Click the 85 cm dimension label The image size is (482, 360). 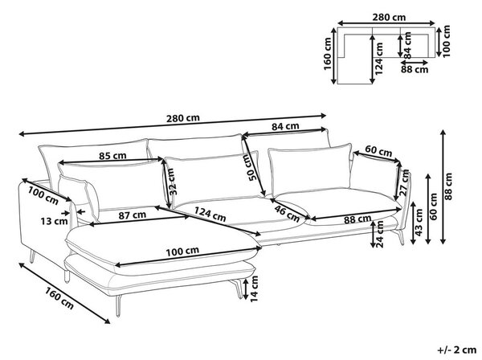[x=112, y=156]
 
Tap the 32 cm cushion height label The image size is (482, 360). [x=173, y=182]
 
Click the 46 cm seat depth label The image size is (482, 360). [x=287, y=215]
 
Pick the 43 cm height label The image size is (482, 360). [x=419, y=223]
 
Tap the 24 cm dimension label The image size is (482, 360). [x=380, y=234]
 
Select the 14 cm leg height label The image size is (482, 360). [x=254, y=288]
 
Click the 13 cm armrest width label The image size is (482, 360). [x=54, y=221]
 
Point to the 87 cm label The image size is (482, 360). [x=133, y=215]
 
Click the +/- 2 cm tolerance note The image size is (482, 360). [x=457, y=350]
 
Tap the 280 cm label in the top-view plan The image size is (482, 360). [x=389, y=17]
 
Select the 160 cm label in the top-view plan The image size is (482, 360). [x=328, y=54]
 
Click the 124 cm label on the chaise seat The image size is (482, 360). [x=210, y=214]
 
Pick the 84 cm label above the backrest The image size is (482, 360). [x=285, y=126]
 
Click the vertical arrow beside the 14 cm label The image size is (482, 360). [x=245, y=288]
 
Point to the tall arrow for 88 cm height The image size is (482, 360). [x=443, y=186]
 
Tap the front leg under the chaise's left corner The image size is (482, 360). [x=118, y=305]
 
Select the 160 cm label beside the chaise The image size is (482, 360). [x=59, y=297]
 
